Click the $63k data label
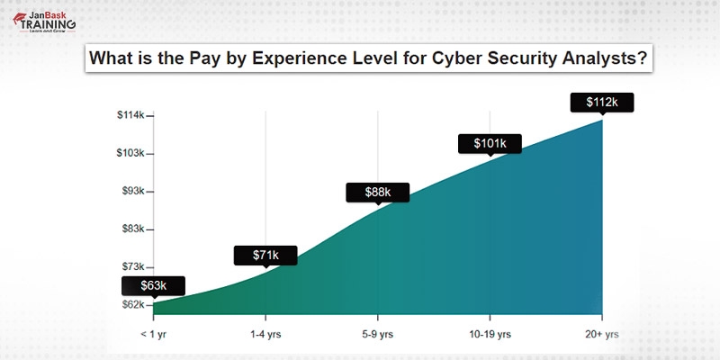click(x=153, y=286)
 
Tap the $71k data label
click(x=265, y=256)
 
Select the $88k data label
click(x=378, y=193)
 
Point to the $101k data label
click(x=490, y=142)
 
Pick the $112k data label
click(x=602, y=102)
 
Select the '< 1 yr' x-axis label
click(x=153, y=334)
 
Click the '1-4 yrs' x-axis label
click(x=265, y=334)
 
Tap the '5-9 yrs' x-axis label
click(x=378, y=334)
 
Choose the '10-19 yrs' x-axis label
click(x=490, y=334)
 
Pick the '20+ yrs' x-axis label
click(x=602, y=334)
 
